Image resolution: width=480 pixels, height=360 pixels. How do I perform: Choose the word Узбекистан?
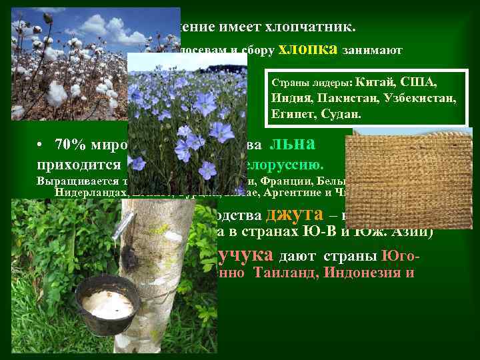(415, 99)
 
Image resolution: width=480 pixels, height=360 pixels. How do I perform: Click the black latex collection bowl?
(107, 304)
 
